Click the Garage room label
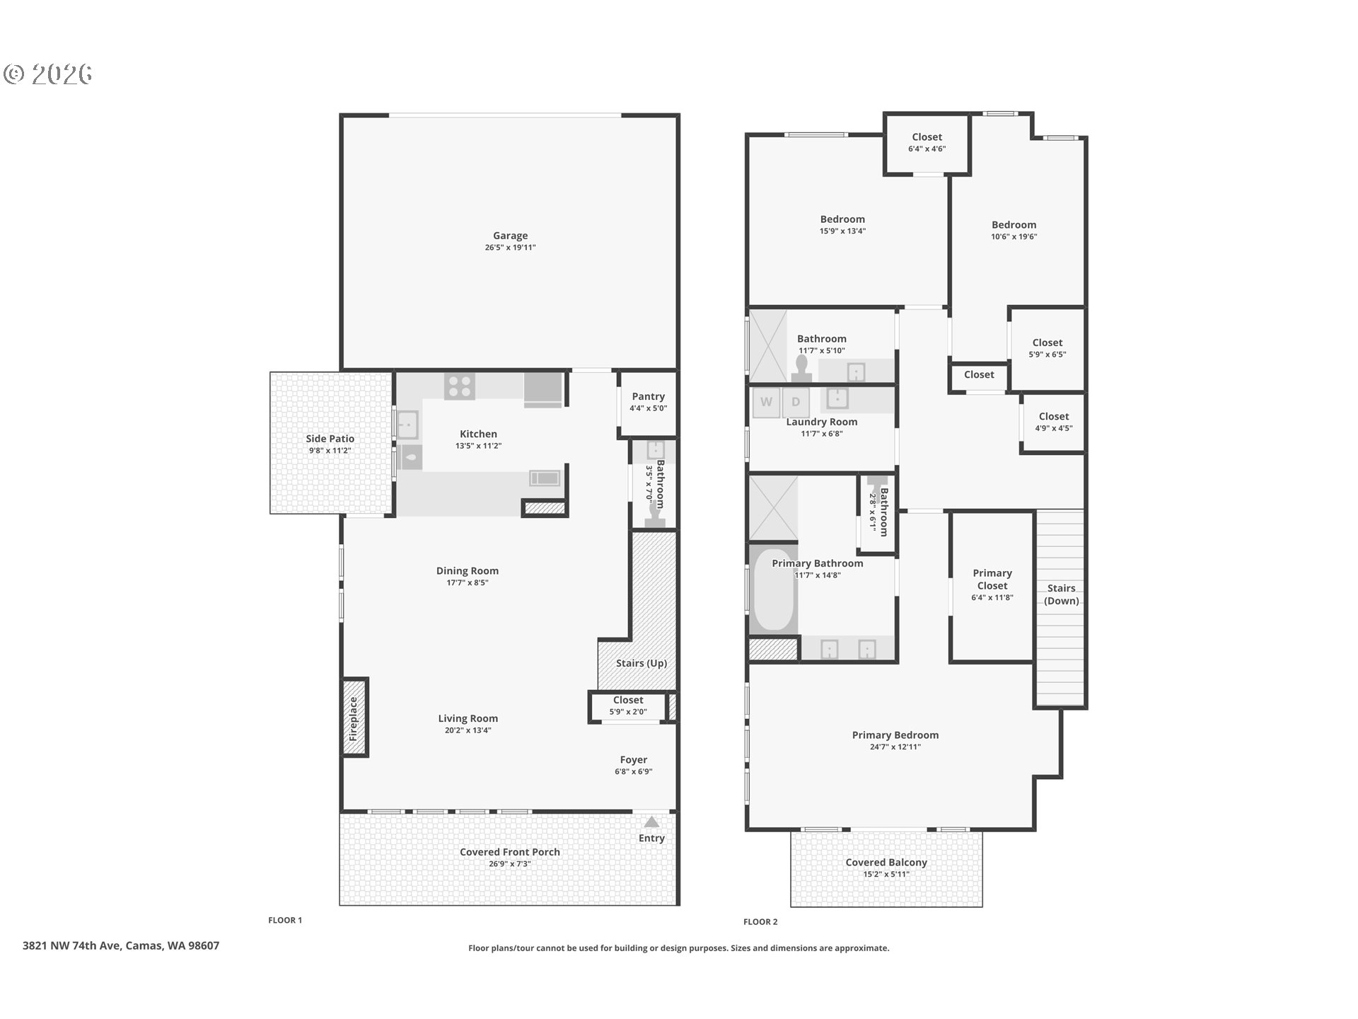click(x=510, y=236)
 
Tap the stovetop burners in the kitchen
click(x=460, y=386)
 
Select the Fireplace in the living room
click(x=354, y=718)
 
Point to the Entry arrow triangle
click(x=651, y=822)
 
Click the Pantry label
click(x=648, y=396)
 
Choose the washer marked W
click(x=766, y=402)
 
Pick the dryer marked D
click(x=796, y=402)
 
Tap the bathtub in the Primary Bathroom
click(x=773, y=591)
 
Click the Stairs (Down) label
click(x=1062, y=594)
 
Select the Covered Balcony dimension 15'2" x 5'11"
click(x=886, y=874)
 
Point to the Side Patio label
click(x=330, y=439)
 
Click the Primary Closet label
click(x=992, y=580)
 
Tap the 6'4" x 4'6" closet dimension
click(x=927, y=149)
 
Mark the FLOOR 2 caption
click(x=760, y=921)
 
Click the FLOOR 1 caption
click(x=285, y=920)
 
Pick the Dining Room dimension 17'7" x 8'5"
click(x=468, y=582)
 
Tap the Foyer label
click(x=634, y=760)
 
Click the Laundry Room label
click(x=822, y=422)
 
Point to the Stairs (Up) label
click(x=642, y=663)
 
